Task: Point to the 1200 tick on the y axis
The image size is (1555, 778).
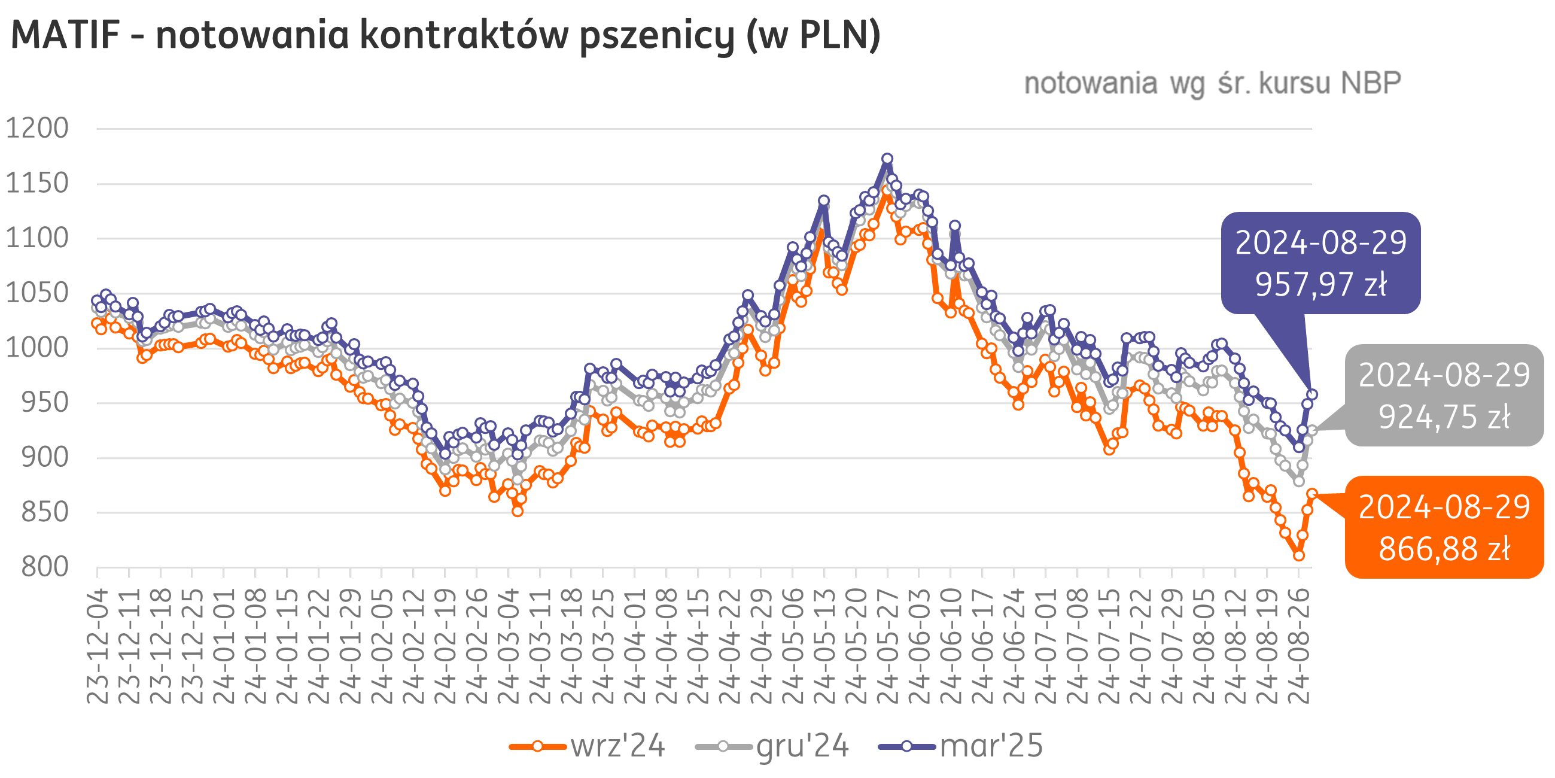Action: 38,128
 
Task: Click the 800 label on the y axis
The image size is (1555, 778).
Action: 45,567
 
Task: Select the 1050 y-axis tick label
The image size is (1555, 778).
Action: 38,293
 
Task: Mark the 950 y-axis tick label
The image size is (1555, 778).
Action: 45,403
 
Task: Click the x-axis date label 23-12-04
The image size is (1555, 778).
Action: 97,646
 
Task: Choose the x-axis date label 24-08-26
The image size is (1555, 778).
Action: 1299,646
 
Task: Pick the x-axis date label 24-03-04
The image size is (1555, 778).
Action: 509,646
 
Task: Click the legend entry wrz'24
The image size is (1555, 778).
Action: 617,746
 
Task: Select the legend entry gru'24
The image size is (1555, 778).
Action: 802,746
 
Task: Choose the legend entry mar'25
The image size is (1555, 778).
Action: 991,746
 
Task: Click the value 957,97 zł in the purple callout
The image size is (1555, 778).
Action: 1321,284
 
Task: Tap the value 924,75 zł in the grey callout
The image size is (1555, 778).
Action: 1444,417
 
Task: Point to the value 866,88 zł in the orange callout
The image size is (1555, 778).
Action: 1444,549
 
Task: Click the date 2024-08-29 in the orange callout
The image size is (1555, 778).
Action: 1444,507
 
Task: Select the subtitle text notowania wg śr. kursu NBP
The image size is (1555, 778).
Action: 1212,83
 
